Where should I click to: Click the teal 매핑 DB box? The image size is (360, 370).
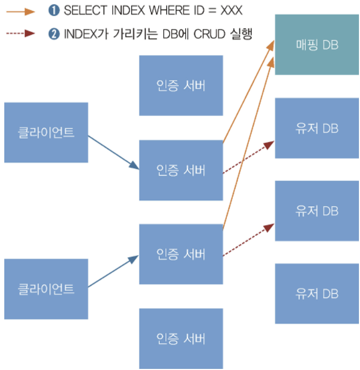(317, 45)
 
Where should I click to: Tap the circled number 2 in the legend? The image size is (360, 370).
(54, 33)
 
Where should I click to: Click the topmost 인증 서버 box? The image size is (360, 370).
(181, 85)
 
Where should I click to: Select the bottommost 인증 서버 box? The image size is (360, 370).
(181, 338)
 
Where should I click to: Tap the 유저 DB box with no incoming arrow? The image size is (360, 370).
(317, 294)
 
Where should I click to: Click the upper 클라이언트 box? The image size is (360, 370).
(46, 133)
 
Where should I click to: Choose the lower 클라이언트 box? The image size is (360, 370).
(46, 289)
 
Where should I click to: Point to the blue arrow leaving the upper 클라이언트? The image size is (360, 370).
(113, 151)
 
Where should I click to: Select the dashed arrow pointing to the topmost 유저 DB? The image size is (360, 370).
(248, 157)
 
